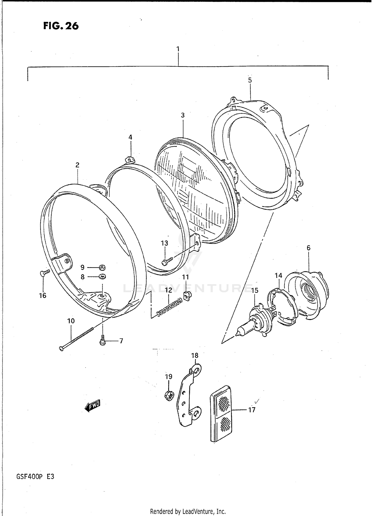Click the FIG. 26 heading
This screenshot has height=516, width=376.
61,26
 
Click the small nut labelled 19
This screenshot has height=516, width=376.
169,396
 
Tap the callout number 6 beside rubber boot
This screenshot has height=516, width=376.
308,248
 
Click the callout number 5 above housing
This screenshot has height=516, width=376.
250,80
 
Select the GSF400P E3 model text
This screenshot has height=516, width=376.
35,476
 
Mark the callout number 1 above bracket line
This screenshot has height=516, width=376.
178,49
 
